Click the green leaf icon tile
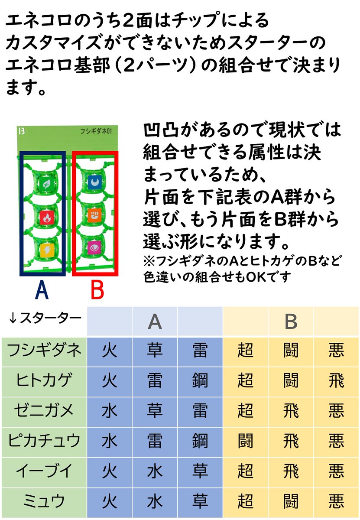pyautogui.click(x=46, y=184)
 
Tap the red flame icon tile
pyautogui.click(x=47, y=218)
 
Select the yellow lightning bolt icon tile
pyautogui.click(x=47, y=250)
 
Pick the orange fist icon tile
pyautogui.click(x=95, y=215)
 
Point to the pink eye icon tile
pyautogui.click(x=95, y=248)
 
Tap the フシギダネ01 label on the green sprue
pyautogui.click(x=96, y=131)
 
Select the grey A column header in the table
pyautogui.click(x=155, y=322)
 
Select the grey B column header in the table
pyautogui.click(x=291, y=322)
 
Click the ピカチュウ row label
pyautogui.click(x=44, y=440)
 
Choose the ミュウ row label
pyautogui.click(x=44, y=501)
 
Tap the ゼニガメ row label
pyautogui.click(x=44, y=410)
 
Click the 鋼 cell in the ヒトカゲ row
pyautogui.click(x=200, y=380)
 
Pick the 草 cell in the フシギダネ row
pyautogui.click(x=155, y=350)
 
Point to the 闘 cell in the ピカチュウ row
pyautogui.click(x=246, y=441)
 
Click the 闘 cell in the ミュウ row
pyautogui.click(x=291, y=501)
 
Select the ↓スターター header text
pyautogui.click(x=45, y=318)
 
